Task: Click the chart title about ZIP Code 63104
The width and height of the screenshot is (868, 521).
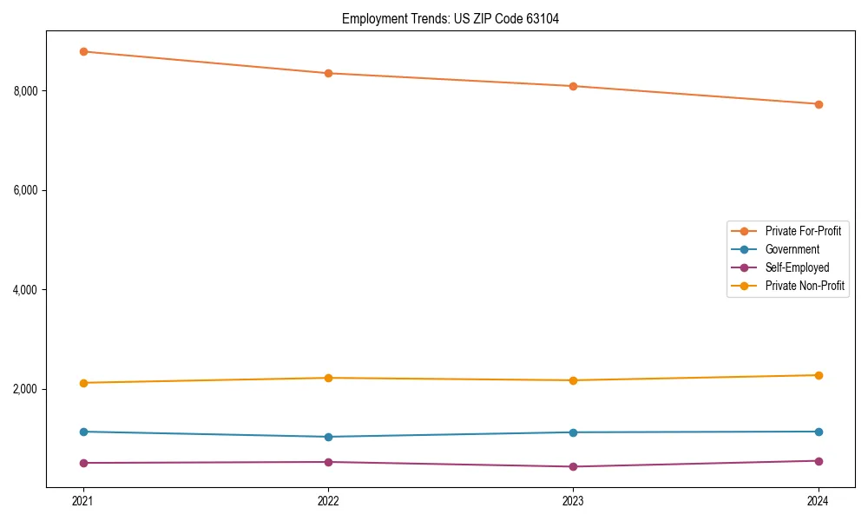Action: point(450,18)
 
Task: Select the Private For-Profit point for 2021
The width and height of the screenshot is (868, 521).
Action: point(83,51)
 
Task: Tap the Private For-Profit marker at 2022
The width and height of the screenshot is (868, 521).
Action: point(328,73)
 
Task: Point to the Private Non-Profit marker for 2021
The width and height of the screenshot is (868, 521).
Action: point(83,383)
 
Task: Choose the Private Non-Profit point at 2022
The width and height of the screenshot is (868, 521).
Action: point(328,378)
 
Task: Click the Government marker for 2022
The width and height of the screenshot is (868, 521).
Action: point(328,437)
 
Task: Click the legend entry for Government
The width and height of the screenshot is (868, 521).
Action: point(792,249)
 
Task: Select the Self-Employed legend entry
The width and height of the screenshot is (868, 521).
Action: point(797,267)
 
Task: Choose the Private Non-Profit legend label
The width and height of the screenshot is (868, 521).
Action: point(805,286)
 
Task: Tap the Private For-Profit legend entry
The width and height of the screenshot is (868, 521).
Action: point(802,231)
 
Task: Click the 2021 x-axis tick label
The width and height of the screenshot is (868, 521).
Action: point(83,500)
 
